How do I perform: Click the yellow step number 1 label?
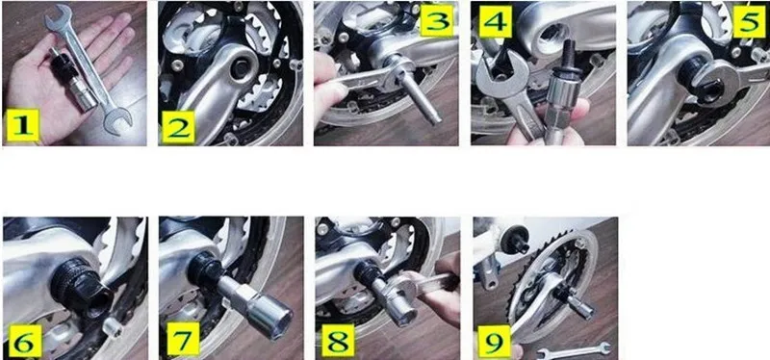tap(22, 125)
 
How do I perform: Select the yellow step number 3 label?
tap(437, 19)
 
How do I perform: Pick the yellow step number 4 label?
tap(496, 21)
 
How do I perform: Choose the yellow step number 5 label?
tap(750, 21)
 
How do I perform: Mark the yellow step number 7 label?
tap(183, 339)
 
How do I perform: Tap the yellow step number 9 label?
tap(494, 341)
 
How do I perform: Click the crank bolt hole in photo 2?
tap(240, 68)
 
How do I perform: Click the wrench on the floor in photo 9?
tap(574, 350)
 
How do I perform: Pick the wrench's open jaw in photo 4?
tap(495, 74)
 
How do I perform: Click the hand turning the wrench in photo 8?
tap(441, 290)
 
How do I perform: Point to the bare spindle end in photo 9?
tap(515, 239)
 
